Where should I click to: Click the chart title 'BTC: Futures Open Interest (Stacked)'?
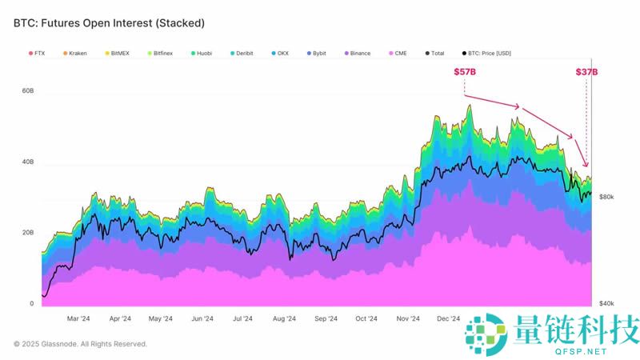109,23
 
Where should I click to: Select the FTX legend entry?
37,54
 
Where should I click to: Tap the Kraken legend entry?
74,54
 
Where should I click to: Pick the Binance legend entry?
357,54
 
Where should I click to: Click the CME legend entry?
397,54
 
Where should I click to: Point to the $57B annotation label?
465,72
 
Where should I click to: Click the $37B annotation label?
586,72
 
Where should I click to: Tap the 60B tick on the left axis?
27,91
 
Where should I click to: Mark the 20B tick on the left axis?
27,233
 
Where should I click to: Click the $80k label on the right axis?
606,196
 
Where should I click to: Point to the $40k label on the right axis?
606,304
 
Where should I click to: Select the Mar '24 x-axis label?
78,318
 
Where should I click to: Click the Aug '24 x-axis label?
284,318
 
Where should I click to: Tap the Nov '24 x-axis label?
408,318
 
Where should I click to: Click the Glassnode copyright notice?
80,344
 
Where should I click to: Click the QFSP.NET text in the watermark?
572,350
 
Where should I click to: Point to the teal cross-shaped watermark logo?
486,334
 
